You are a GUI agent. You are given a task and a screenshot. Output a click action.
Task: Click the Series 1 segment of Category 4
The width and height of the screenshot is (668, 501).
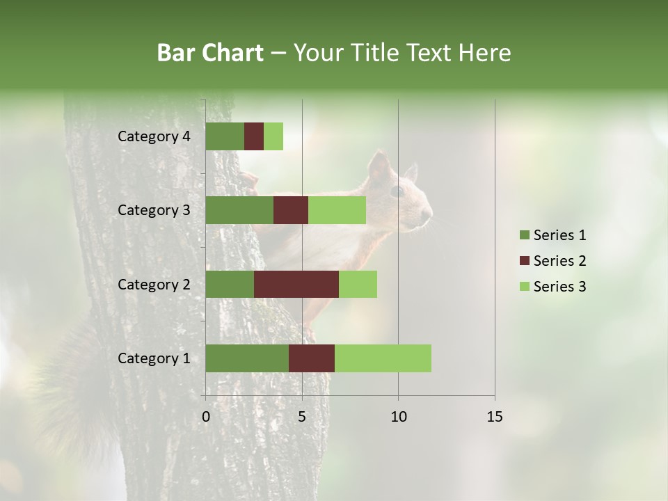point(225,136)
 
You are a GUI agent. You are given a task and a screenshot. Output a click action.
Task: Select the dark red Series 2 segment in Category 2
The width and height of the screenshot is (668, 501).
point(296,284)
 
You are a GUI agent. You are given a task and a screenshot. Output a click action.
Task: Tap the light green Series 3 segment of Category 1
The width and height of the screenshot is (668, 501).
point(383,358)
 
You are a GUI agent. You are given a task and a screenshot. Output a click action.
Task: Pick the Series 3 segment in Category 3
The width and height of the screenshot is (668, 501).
point(337,210)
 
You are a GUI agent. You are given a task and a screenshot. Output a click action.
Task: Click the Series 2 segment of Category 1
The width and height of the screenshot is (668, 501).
point(312,358)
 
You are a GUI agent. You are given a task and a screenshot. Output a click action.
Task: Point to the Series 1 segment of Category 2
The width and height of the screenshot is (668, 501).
point(230,284)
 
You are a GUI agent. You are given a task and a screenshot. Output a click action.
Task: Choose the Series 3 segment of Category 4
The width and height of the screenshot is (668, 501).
point(273,136)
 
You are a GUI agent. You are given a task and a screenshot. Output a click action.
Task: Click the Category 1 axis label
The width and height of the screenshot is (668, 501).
point(154,358)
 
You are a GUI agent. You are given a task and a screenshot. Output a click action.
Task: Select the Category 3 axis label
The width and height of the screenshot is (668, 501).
point(154,210)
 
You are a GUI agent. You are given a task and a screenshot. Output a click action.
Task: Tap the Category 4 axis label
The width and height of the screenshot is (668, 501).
point(154,136)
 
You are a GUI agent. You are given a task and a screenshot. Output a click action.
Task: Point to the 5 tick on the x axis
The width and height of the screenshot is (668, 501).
point(302,417)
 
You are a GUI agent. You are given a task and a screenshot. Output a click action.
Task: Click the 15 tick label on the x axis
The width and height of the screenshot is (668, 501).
point(495,417)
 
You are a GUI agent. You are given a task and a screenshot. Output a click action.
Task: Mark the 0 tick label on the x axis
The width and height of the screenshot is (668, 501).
point(206,417)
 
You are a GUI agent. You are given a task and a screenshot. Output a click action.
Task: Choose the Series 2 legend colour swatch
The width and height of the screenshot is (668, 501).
point(524,261)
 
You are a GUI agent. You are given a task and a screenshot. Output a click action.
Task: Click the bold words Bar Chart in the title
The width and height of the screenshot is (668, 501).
point(210,53)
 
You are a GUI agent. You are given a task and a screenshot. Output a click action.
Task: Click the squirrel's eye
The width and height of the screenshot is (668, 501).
point(397,190)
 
